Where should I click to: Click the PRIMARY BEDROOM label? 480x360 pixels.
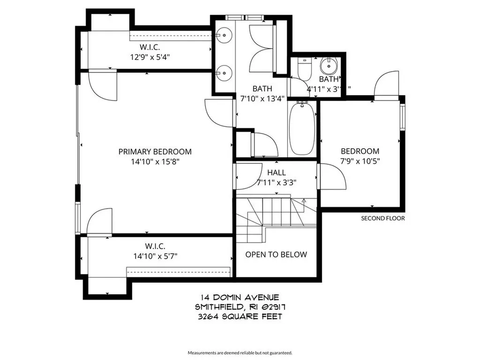click(x=155, y=151)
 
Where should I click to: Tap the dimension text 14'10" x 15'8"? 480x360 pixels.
click(x=155, y=162)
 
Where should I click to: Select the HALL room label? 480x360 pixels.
click(x=277, y=173)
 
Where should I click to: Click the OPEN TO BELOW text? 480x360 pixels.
click(x=277, y=255)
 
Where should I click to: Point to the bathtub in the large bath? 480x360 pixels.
click(x=302, y=128)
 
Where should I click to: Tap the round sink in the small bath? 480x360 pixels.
click(x=330, y=64)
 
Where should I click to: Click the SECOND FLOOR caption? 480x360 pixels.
click(x=382, y=218)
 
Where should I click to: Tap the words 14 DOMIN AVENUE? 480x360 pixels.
click(x=240, y=297)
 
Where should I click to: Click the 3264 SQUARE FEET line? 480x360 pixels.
click(x=240, y=317)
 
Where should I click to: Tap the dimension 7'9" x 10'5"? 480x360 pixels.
click(x=360, y=162)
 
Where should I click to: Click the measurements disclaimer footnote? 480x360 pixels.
click(x=240, y=352)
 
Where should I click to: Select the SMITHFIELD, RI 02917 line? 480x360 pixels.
click(x=240, y=307)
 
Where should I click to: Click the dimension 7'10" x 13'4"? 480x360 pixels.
click(x=262, y=98)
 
